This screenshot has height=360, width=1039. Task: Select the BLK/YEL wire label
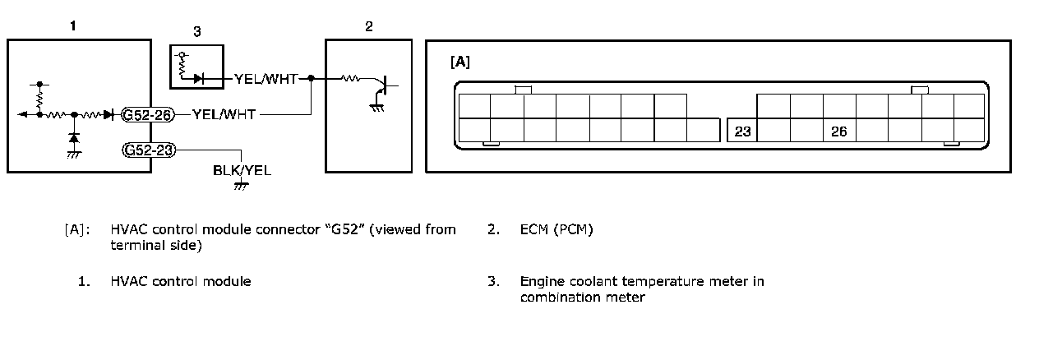242,171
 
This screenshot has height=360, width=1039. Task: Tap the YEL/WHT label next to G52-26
225,115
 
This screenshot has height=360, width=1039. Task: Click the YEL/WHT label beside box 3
266,79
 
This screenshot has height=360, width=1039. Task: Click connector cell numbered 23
742,131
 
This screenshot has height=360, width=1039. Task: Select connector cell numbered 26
838,131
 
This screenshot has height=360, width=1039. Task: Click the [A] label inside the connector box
460,62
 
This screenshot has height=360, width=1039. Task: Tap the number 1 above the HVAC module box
73,26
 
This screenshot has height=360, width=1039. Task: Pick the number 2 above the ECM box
369,26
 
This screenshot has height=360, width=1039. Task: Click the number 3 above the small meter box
197,32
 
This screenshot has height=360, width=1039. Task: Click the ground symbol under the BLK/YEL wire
241,186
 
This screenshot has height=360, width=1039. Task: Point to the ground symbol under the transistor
376,105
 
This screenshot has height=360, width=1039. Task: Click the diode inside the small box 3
198,79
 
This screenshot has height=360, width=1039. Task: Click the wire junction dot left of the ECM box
312,79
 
